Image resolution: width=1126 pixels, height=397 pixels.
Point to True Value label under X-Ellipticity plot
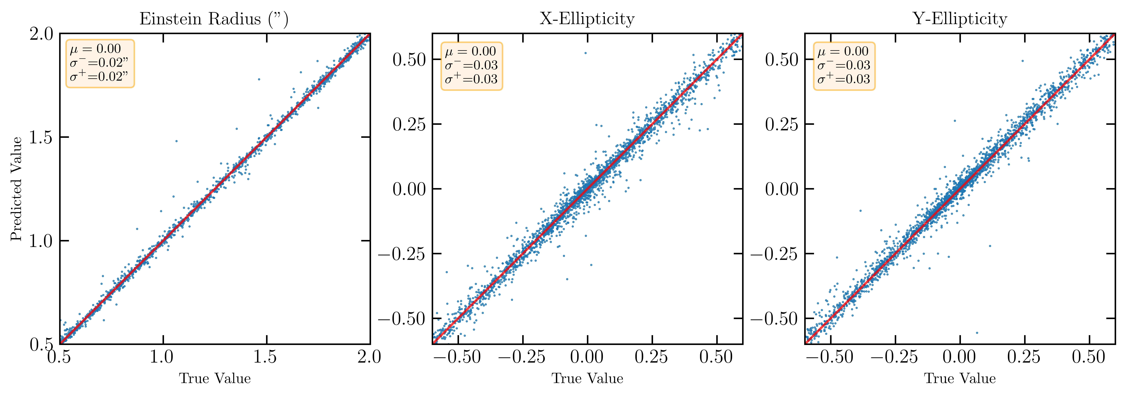click(587, 378)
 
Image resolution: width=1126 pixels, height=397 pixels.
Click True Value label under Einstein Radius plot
click(215, 378)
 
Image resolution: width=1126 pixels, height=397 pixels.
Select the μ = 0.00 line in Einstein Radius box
click(95, 49)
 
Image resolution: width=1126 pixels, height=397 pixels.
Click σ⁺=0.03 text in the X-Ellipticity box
click(471, 79)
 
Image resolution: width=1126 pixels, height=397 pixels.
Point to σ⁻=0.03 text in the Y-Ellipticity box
click(844, 65)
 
